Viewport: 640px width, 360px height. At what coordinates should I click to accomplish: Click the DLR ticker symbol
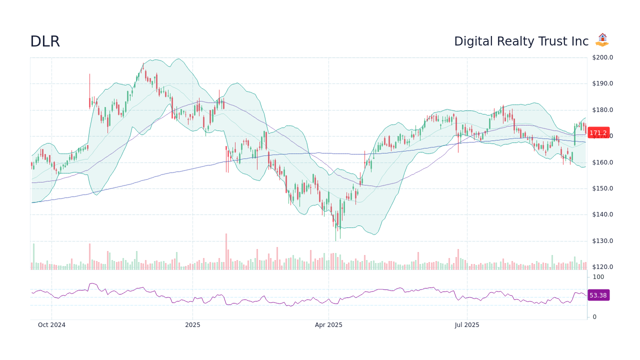[x=45, y=42]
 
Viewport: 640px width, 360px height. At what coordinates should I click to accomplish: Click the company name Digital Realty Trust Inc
[x=521, y=41]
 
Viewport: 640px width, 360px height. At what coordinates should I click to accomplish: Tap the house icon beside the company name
[x=602, y=40]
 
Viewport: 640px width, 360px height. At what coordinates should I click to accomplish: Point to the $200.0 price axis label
[x=602, y=57]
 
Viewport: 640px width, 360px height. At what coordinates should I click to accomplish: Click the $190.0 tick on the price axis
[x=602, y=83]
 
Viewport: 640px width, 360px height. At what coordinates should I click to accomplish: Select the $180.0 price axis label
[x=602, y=110]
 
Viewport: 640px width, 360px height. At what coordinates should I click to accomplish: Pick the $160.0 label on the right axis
[x=602, y=162]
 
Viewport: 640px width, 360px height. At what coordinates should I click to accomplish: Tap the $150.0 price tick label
[x=602, y=188]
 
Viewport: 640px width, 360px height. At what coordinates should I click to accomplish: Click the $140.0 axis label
[x=602, y=214]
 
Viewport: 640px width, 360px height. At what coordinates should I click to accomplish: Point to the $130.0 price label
[x=602, y=241]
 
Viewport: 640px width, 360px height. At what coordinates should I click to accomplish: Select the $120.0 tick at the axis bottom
[x=602, y=267]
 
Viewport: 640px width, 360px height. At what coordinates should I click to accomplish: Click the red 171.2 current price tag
[x=598, y=133]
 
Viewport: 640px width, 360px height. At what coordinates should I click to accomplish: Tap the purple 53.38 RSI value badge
[x=598, y=295]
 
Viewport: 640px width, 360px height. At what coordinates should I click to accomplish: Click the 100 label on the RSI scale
[x=598, y=277]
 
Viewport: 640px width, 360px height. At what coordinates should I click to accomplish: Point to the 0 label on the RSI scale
[x=594, y=317]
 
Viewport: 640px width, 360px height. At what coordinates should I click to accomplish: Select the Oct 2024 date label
[x=51, y=325]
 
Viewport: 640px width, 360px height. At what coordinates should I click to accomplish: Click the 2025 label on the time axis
[x=192, y=325]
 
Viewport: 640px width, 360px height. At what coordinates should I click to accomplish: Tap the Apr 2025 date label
[x=328, y=325]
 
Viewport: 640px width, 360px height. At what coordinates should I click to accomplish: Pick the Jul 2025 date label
[x=467, y=325]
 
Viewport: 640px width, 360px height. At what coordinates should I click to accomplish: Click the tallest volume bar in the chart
[x=226, y=251]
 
